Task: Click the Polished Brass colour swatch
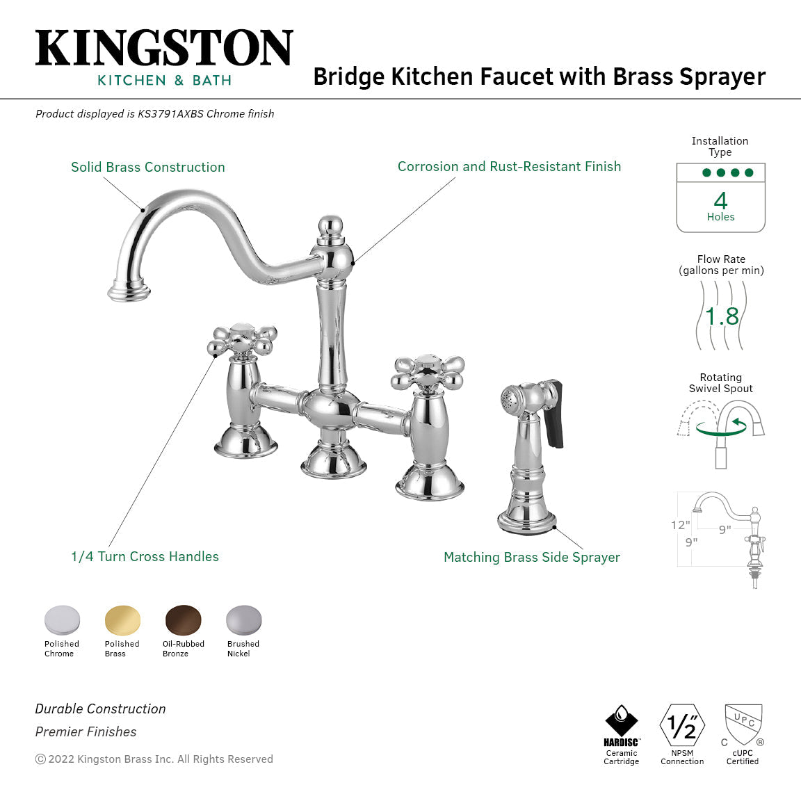[122, 620]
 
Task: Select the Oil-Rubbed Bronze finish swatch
[183, 620]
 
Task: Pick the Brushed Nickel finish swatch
[243, 620]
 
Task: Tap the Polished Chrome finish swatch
[62, 620]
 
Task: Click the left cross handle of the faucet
[243, 341]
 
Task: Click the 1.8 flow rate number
[722, 317]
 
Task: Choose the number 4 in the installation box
[720, 201]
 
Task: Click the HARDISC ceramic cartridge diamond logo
[621, 721]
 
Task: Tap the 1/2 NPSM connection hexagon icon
[682, 726]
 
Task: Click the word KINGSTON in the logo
[164, 49]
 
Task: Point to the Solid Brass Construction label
[148, 167]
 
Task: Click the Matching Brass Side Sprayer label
[532, 557]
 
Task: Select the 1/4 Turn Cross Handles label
[145, 556]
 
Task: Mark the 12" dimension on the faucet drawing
[681, 525]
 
